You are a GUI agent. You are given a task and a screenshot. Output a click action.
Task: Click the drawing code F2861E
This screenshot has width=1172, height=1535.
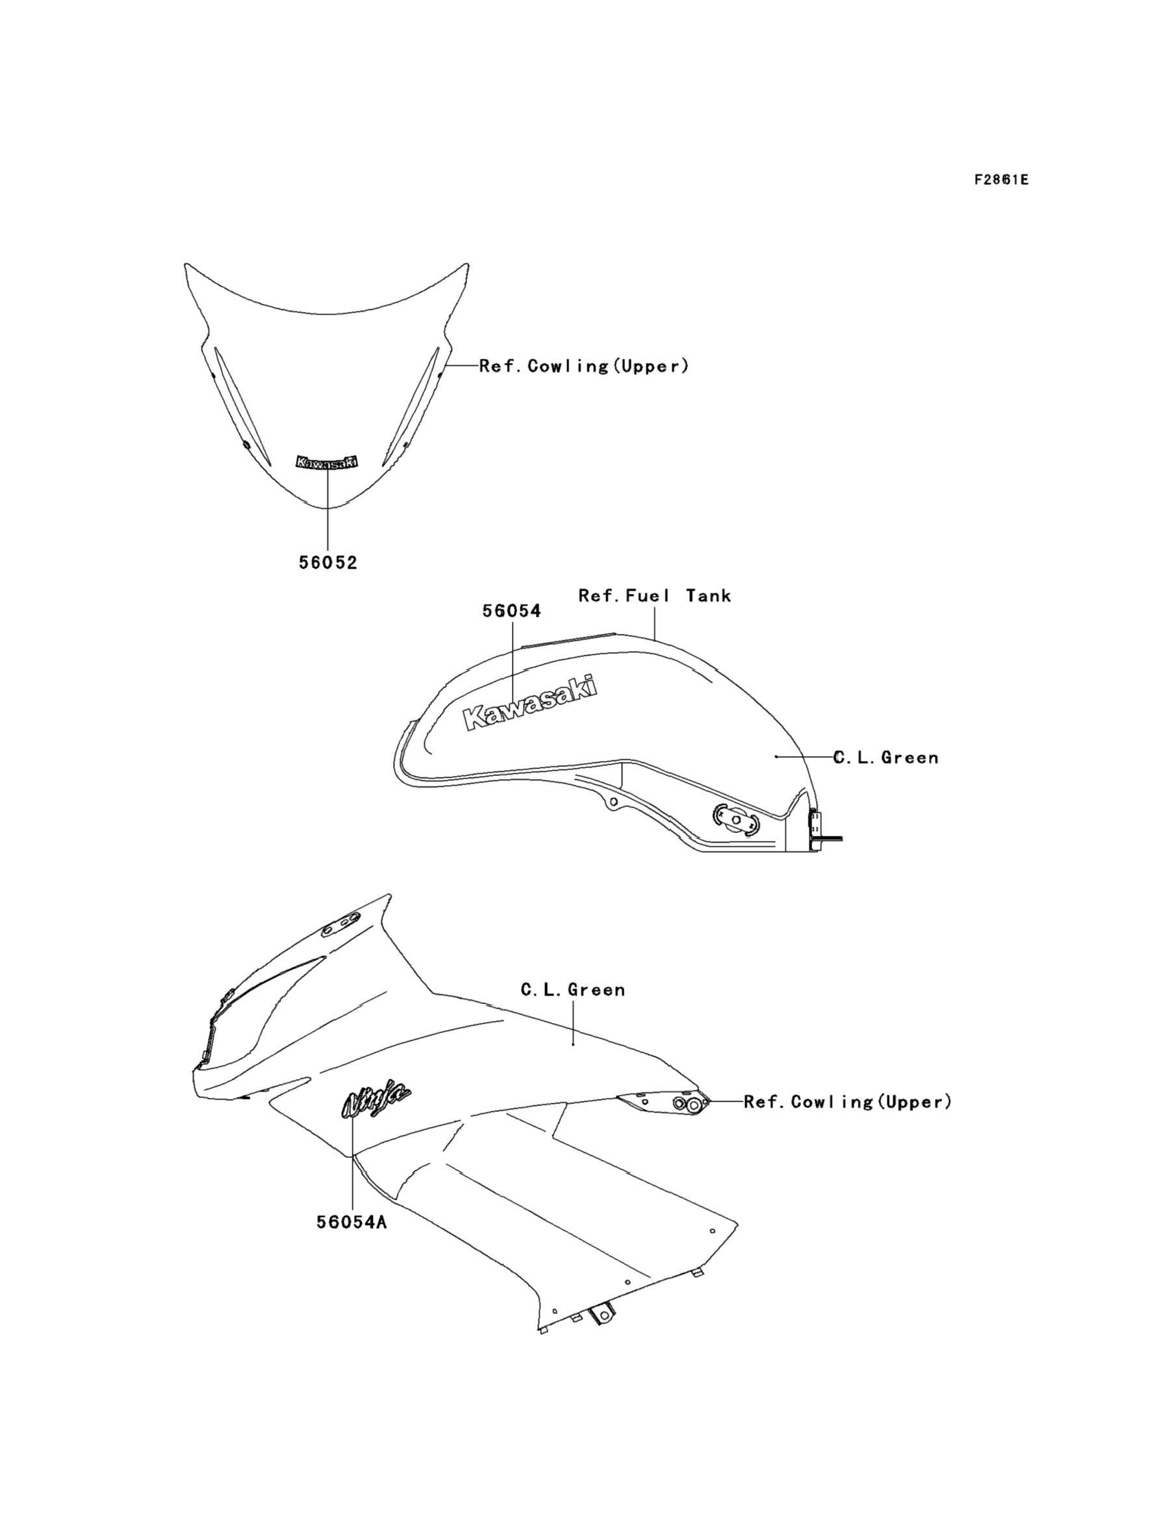click(x=1001, y=180)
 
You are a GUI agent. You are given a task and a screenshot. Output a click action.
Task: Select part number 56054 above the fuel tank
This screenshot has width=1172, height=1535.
click(x=511, y=612)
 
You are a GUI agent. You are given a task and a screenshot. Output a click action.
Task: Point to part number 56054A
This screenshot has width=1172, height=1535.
click(x=351, y=1222)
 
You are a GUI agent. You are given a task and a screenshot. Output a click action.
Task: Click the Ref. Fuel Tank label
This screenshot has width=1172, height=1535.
click(x=654, y=596)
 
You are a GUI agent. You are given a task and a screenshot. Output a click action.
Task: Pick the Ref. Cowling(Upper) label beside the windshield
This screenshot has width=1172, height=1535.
click(x=584, y=367)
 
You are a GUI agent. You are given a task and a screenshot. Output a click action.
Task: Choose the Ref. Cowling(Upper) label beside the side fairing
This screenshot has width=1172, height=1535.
click(x=848, y=1102)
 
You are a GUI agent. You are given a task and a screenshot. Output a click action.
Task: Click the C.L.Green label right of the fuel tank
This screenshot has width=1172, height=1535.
click(x=886, y=758)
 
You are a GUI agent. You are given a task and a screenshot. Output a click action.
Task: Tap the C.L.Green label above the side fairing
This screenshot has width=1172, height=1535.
click(x=573, y=990)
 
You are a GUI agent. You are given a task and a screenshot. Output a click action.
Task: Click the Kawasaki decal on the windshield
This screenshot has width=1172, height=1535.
click(x=327, y=462)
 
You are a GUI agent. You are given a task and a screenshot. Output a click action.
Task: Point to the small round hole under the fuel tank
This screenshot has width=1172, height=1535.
click(x=613, y=803)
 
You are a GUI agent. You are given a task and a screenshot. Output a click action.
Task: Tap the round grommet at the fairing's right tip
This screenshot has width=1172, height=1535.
click(x=693, y=1105)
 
